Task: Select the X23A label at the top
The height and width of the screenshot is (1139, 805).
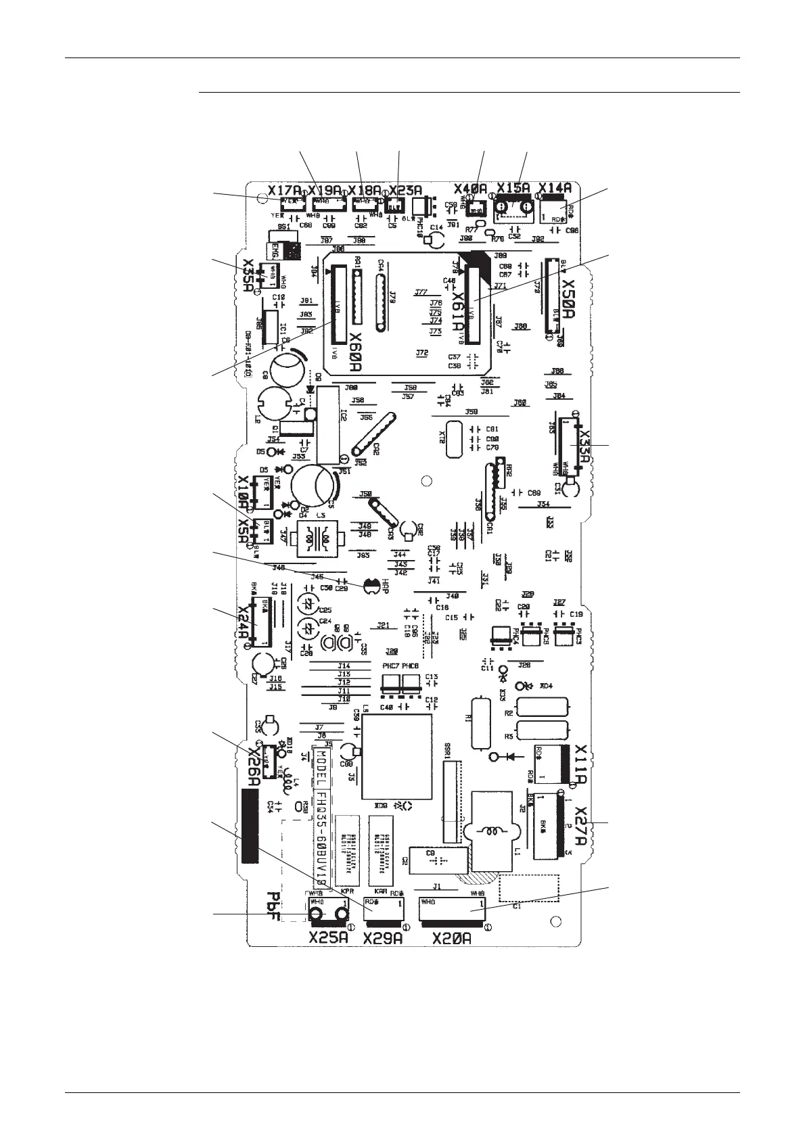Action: point(406,190)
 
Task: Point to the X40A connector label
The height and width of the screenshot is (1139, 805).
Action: point(471,188)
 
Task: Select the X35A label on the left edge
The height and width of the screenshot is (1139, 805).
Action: point(248,275)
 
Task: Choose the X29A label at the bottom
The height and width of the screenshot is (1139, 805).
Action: point(384,938)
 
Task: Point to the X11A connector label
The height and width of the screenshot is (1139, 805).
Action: point(580,764)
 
